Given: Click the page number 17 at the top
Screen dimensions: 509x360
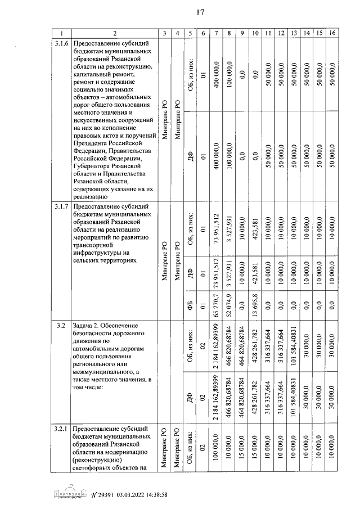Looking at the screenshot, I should [199, 13].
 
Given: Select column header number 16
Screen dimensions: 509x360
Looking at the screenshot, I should [333, 33].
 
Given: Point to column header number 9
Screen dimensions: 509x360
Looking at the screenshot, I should [241, 33].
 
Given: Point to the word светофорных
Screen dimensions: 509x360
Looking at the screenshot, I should [94, 467].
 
